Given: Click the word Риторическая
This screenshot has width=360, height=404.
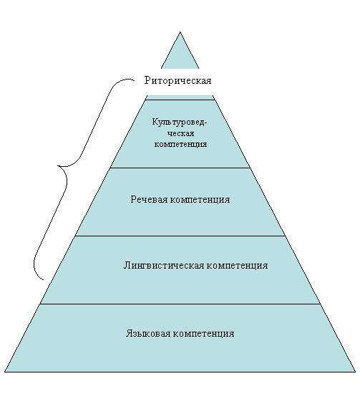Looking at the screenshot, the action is click(x=177, y=80).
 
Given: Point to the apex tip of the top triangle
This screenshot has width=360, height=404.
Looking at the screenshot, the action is click(x=180, y=32).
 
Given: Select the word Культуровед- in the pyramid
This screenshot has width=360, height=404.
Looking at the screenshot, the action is click(x=180, y=122).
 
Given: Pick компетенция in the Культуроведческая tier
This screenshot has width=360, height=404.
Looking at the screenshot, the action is click(x=181, y=144).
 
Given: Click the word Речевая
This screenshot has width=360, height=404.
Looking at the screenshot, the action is click(x=149, y=199).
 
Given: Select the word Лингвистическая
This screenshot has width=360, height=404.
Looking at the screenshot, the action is click(x=164, y=265).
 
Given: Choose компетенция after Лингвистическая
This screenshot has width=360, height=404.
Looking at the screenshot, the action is click(x=237, y=266).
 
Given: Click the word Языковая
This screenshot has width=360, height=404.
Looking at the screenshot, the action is click(x=148, y=333).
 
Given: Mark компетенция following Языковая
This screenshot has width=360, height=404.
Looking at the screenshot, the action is click(x=204, y=334).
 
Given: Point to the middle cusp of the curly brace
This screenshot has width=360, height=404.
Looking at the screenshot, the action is click(x=58, y=166).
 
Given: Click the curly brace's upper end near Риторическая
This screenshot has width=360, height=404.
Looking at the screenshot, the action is click(x=134, y=80).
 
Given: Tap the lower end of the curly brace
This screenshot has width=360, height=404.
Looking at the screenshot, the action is click(x=43, y=279).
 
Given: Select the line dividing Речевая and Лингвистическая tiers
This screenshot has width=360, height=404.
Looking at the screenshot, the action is click(x=180, y=236).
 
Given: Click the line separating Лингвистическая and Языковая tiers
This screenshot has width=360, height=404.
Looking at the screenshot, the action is click(x=180, y=304).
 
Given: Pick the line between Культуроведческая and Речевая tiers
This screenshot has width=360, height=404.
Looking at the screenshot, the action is click(x=180, y=168).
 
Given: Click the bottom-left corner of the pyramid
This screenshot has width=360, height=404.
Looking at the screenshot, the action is click(x=4, y=372).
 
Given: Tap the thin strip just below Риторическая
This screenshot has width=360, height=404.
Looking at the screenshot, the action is click(x=180, y=97).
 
